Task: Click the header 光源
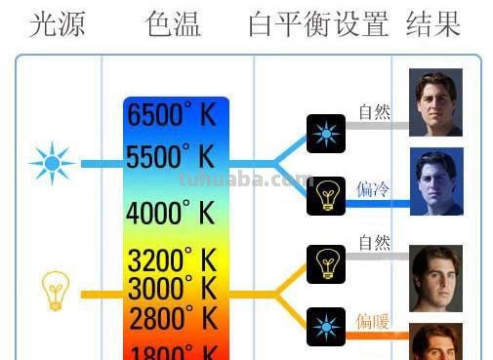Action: (x=56, y=23)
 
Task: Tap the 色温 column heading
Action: (x=174, y=23)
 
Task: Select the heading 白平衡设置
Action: (x=319, y=23)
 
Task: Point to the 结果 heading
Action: (x=433, y=23)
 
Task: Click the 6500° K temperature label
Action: (x=171, y=114)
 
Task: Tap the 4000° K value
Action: (x=171, y=212)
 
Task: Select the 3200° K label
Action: (x=173, y=260)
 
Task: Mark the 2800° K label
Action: (x=173, y=318)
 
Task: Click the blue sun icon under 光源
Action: (x=51, y=163)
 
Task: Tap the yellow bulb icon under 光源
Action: (x=54, y=291)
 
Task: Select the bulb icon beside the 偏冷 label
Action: (x=326, y=193)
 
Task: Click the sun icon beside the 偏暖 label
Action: (x=326, y=325)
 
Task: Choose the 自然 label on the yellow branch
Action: (x=374, y=242)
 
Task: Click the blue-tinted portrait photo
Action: (x=435, y=182)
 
